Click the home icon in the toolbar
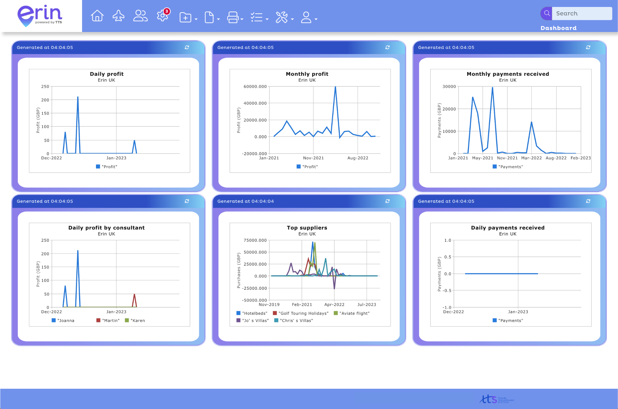click(97, 16)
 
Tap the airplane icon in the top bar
click(119, 16)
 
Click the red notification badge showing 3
click(167, 11)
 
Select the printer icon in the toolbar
click(233, 17)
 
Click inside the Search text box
click(581, 14)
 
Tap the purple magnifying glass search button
click(546, 14)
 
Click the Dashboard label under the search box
click(558, 28)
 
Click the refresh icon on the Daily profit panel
click(187, 47)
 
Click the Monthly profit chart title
click(307, 74)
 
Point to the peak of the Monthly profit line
click(335, 87)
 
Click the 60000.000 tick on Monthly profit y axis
click(255, 87)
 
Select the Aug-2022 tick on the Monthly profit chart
click(358, 158)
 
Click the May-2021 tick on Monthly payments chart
click(483, 158)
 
